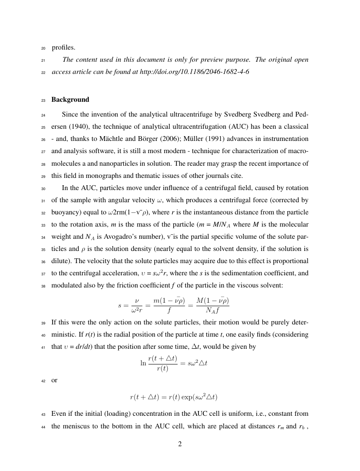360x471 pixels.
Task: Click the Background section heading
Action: [x=70, y=100]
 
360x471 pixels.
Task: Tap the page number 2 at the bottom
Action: [x=180, y=444]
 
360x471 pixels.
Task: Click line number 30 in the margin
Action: [x=43, y=189]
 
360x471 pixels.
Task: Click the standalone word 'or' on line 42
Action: [x=54, y=380]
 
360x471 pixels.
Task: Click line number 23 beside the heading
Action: [x=43, y=100]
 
